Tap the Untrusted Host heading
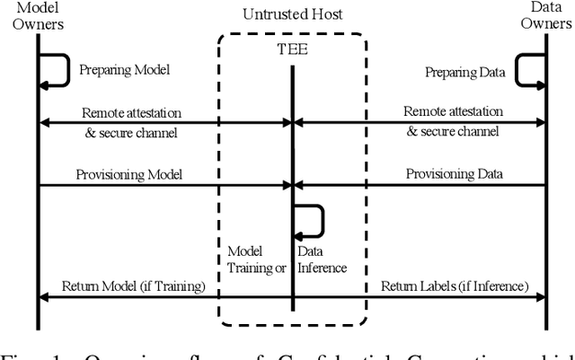(x=293, y=15)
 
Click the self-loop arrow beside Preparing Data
(x=528, y=69)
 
